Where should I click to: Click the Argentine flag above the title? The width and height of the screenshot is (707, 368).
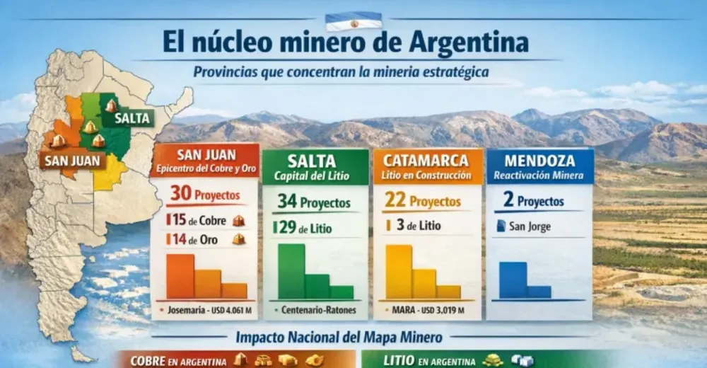pyautogui.click(x=353, y=21)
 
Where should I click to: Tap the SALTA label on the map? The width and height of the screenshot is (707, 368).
pyautogui.click(x=133, y=118)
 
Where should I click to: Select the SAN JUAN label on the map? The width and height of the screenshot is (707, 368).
pyautogui.click(x=73, y=161)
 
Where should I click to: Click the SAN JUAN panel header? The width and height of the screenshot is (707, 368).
pyautogui.click(x=204, y=161)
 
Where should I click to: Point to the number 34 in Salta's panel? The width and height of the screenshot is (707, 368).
pyautogui.click(x=286, y=202)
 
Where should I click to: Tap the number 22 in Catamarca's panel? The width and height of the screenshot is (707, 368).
pyautogui.click(x=395, y=201)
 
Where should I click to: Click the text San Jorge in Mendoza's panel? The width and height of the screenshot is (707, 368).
pyautogui.click(x=530, y=227)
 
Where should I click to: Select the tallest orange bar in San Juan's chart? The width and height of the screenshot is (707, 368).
pyautogui.click(x=180, y=276)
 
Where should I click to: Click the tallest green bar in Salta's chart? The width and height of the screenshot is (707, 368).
pyautogui.click(x=291, y=271)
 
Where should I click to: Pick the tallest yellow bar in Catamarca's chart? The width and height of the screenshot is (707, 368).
pyautogui.click(x=399, y=272)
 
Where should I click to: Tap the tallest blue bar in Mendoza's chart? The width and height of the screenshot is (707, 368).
pyautogui.click(x=513, y=280)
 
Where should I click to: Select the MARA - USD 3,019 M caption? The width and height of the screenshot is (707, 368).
pyautogui.click(x=428, y=310)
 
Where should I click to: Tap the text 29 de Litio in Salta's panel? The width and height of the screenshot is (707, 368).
pyautogui.click(x=305, y=228)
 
